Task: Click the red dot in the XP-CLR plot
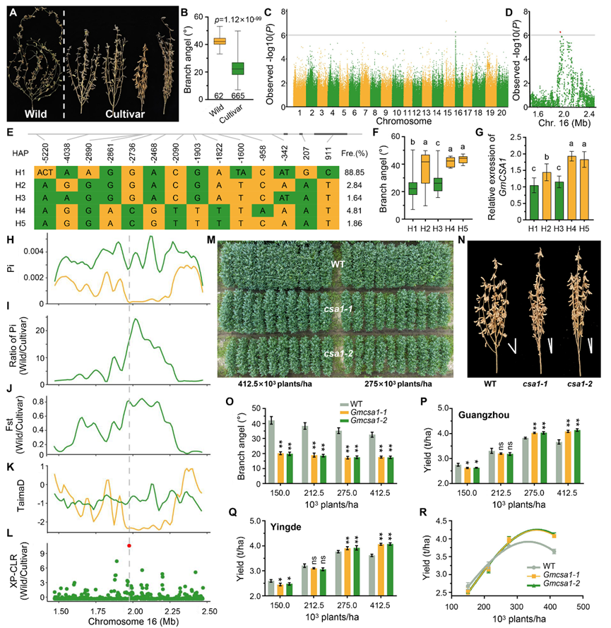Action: (129, 546)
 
